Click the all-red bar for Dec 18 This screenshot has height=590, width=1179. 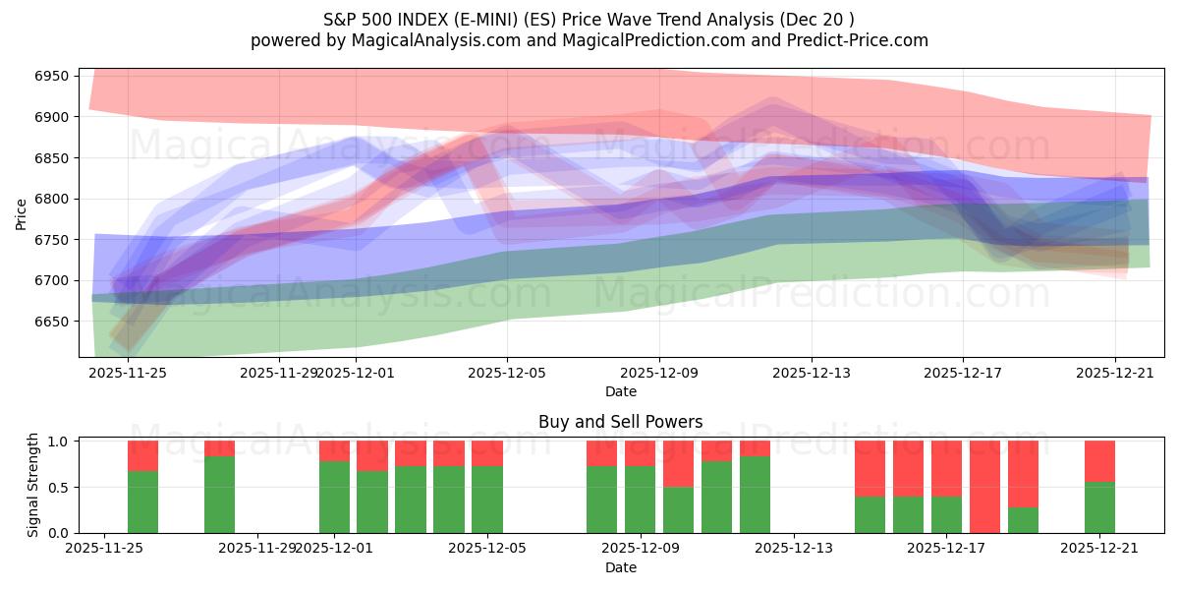click(984, 487)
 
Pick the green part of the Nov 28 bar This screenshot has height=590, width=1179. click(219, 494)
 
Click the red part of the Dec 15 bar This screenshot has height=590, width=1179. click(870, 468)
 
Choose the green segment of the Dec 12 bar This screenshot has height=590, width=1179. click(755, 494)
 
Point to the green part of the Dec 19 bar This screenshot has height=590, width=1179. click(1023, 520)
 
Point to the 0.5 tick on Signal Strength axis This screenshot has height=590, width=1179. click(59, 488)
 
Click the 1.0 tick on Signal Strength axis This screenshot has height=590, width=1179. click(59, 442)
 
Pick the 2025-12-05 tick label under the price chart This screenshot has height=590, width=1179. click(507, 373)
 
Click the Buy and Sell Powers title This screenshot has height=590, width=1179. click(620, 422)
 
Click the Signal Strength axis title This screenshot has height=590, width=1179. click(33, 485)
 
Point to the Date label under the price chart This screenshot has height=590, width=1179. click(620, 391)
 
